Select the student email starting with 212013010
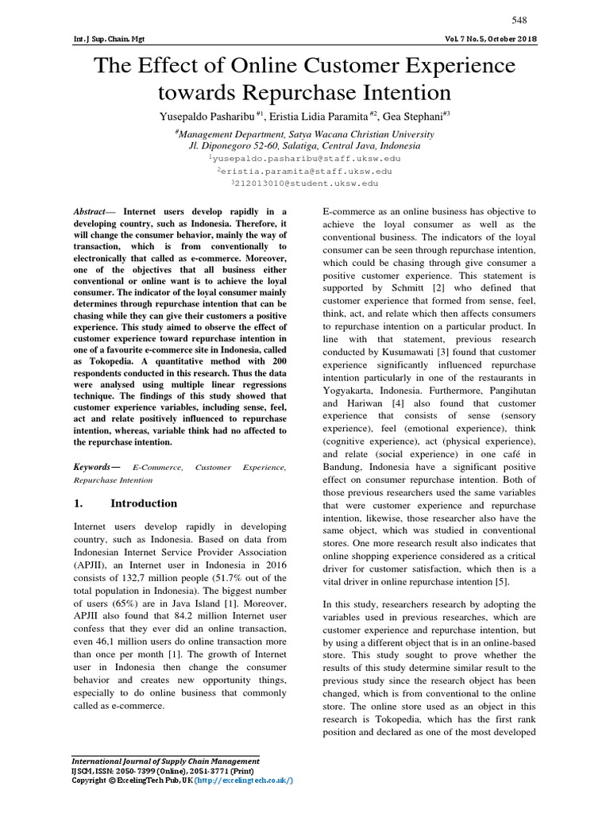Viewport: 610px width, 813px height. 306,183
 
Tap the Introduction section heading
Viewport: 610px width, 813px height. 144,503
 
